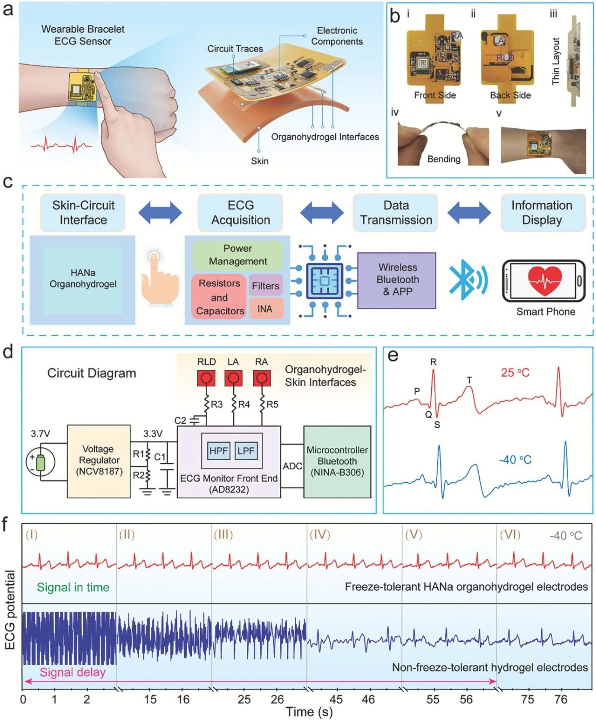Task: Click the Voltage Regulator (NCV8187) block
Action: [x=99, y=461]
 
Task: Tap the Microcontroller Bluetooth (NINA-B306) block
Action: [x=337, y=462]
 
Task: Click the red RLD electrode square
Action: [x=206, y=378]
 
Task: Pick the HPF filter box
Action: [x=218, y=451]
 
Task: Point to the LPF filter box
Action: [x=246, y=451]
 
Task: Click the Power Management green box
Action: [x=237, y=255]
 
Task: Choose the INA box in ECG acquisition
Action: [x=265, y=309]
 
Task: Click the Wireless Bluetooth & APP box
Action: [x=397, y=280]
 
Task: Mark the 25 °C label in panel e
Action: [x=515, y=373]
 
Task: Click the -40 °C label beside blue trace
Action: [x=515, y=460]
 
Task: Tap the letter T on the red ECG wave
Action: [x=469, y=381]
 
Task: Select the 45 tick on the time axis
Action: [x=336, y=700]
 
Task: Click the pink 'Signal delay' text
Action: [x=72, y=672]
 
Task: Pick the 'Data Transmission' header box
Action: [x=395, y=213]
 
